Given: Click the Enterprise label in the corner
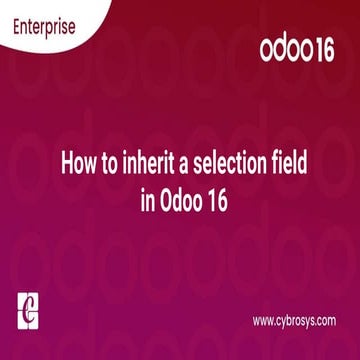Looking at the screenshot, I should click(x=43, y=27).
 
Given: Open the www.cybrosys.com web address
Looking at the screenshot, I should click(x=293, y=321).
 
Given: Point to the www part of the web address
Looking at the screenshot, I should click(x=262, y=321).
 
